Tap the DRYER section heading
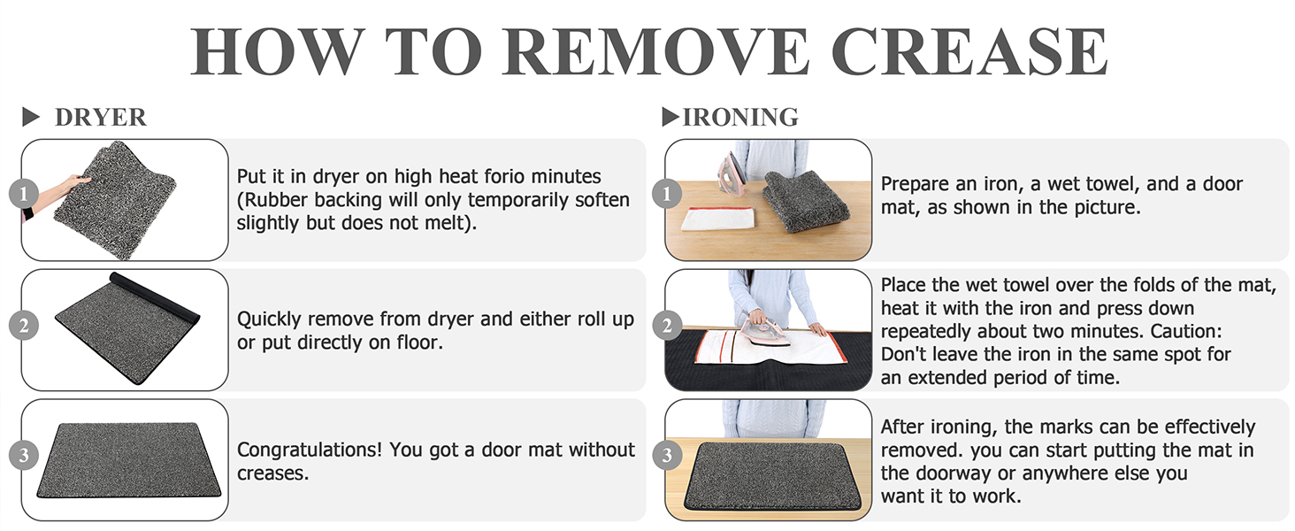[100, 117]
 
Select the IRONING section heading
[741, 117]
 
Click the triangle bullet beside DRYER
[32, 117]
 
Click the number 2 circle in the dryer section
[23, 326]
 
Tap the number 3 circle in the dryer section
[23, 456]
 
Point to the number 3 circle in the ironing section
[667, 456]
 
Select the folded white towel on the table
[717, 218]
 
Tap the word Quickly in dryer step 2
[271, 319]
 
